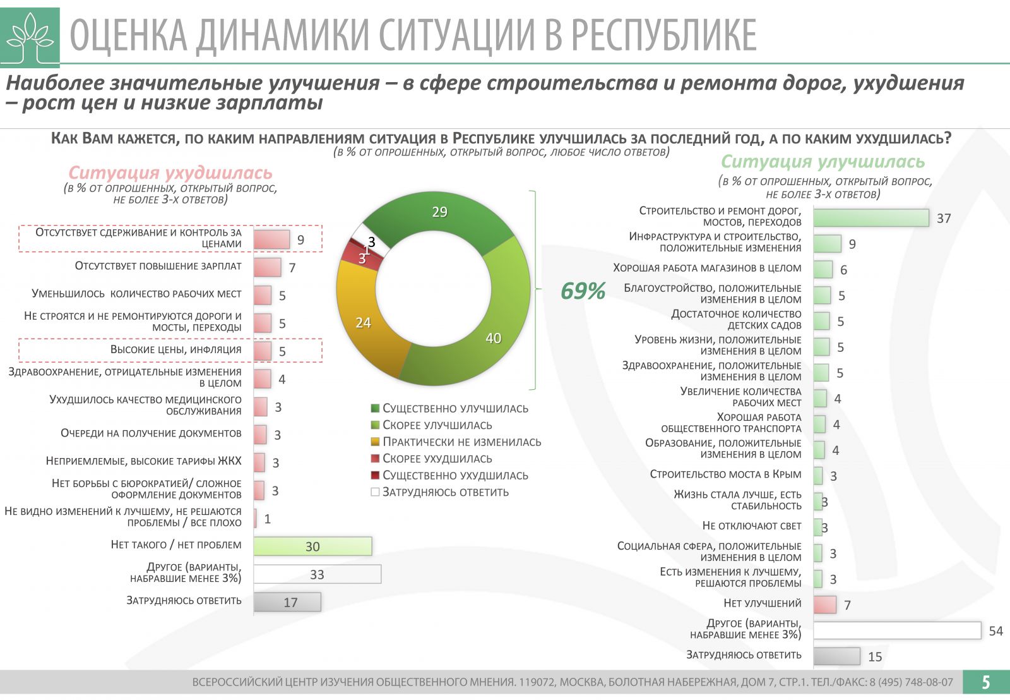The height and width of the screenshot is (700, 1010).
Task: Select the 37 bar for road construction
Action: pyautogui.click(x=870, y=218)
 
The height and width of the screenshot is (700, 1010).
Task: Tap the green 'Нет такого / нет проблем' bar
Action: pyautogui.click(x=312, y=546)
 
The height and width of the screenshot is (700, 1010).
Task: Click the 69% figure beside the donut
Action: pyautogui.click(x=583, y=291)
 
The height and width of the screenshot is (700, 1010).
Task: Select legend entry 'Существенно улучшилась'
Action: pyautogui.click(x=454, y=409)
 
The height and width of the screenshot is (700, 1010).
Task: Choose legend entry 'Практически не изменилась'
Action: pyautogui.click(x=461, y=442)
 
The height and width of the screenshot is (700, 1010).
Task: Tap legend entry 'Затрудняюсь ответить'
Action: pyautogui.click(x=445, y=492)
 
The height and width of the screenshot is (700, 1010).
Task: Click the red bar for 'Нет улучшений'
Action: pyautogui.click(x=824, y=605)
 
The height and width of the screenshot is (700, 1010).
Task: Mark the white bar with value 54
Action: pyautogui.click(x=897, y=631)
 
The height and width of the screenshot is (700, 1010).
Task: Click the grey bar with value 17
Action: pyautogui.click(x=287, y=602)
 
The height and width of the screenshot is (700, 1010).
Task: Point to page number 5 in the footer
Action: pyautogui.click(x=986, y=682)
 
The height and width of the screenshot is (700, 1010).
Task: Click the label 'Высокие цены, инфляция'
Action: pyautogui.click(x=175, y=350)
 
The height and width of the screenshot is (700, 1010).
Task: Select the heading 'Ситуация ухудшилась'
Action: pyautogui.click(x=170, y=173)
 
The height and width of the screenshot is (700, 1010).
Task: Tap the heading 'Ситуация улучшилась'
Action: pyautogui.click(x=823, y=162)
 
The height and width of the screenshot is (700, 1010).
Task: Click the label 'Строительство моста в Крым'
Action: pyautogui.click(x=725, y=474)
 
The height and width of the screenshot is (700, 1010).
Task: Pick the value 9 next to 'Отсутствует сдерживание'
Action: pyautogui.click(x=301, y=240)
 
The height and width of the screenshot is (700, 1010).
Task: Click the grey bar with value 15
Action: pyautogui.click(x=836, y=656)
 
